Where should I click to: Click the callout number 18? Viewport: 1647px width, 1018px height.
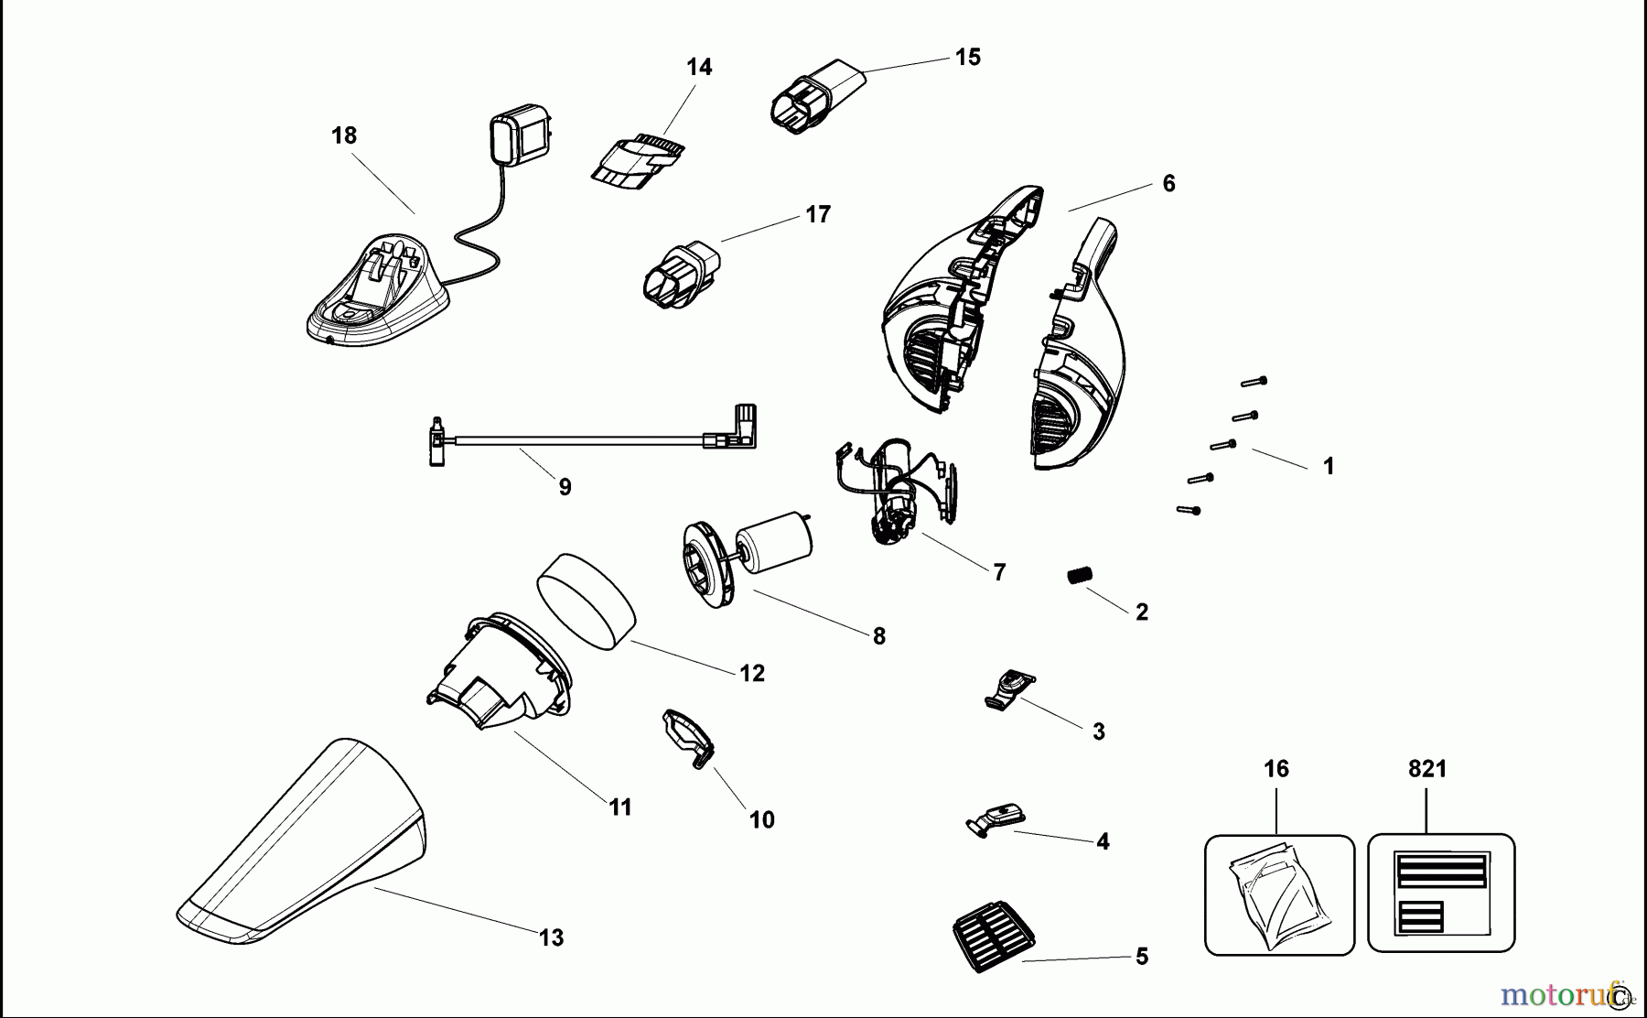pos(344,135)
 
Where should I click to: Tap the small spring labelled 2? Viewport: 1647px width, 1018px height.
pos(1081,576)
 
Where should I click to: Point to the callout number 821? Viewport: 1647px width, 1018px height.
pos(1427,770)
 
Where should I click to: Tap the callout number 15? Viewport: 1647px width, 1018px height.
pos(967,58)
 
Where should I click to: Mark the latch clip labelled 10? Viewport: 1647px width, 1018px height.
pos(687,738)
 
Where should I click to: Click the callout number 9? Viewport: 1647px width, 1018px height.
pos(565,487)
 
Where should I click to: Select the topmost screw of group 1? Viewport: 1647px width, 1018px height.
pos(1254,381)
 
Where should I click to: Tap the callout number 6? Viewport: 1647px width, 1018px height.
pos(1168,184)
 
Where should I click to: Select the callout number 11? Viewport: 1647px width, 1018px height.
pos(620,807)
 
